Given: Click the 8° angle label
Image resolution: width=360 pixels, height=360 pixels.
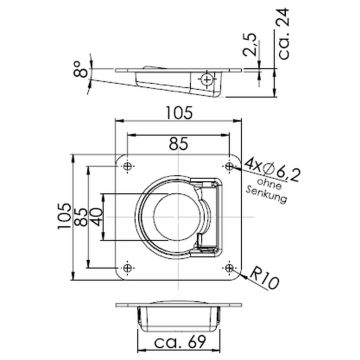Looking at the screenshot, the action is (x=81, y=69).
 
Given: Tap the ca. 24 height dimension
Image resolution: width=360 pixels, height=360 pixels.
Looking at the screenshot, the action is (x=283, y=34).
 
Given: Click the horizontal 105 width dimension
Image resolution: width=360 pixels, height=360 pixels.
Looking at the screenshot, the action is (x=180, y=113).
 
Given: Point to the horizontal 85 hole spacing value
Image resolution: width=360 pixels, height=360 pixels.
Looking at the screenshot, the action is (x=179, y=144).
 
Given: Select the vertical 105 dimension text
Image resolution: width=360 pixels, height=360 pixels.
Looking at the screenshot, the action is (x=64, y=216).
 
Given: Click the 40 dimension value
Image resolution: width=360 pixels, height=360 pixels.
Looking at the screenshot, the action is (x=96, y=217).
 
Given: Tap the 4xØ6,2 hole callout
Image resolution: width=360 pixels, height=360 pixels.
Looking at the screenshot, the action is (x=271, y=170).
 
